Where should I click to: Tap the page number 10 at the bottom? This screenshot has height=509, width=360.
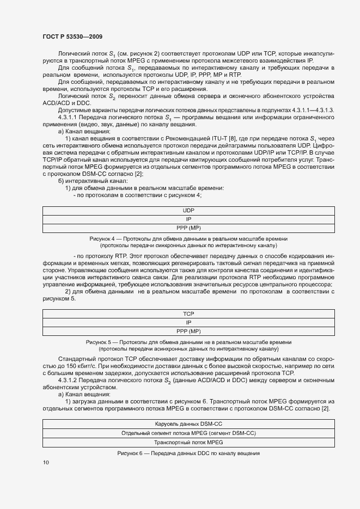pyautogui.click(x=46, y=462)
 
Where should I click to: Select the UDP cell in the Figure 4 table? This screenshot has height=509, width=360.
pyautogui.click(x=188, y=210)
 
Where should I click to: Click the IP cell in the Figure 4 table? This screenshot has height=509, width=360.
pyautogui.click(x=188, y=219)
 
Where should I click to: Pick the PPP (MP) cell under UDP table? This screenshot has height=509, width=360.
pyautogui.click(x=188, y=228)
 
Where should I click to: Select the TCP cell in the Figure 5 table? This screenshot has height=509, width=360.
pyautogui.click(x=188, y=314)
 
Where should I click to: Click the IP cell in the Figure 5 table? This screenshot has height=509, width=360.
pyautogui.click(x=188, y=322)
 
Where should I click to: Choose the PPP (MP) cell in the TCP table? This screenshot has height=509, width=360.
pyautogui.click(x=188, y=331)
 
